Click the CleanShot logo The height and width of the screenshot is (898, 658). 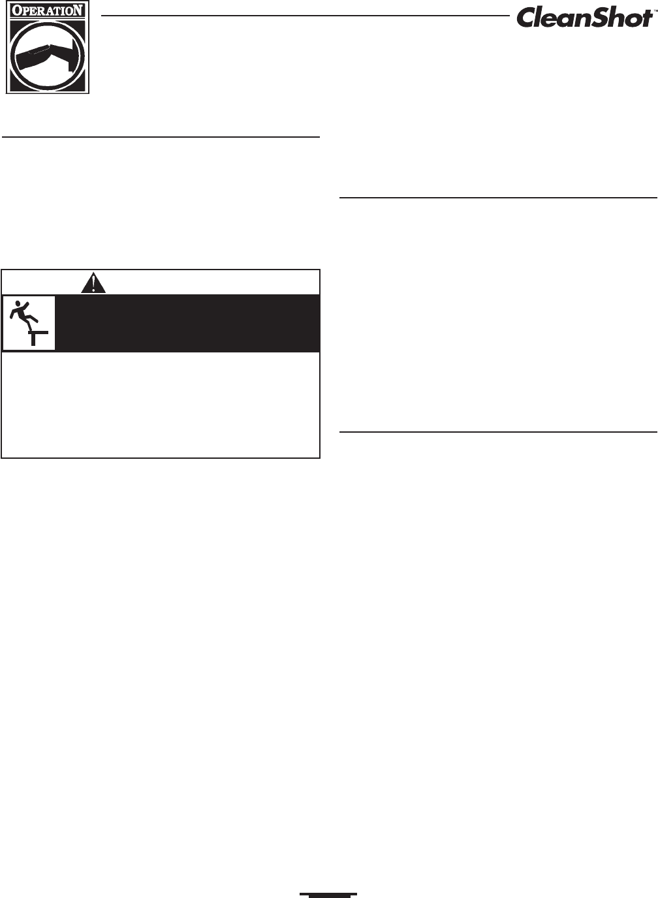click(584, 18)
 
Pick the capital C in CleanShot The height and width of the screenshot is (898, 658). click(527, 18)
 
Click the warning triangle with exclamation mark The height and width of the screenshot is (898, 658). click(95, 283)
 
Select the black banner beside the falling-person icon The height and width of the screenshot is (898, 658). click(188, 324)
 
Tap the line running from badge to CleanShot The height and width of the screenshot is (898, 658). click(307, 14)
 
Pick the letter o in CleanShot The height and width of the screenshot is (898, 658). click(629, 20)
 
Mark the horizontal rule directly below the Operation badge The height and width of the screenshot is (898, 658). click(161, 137)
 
